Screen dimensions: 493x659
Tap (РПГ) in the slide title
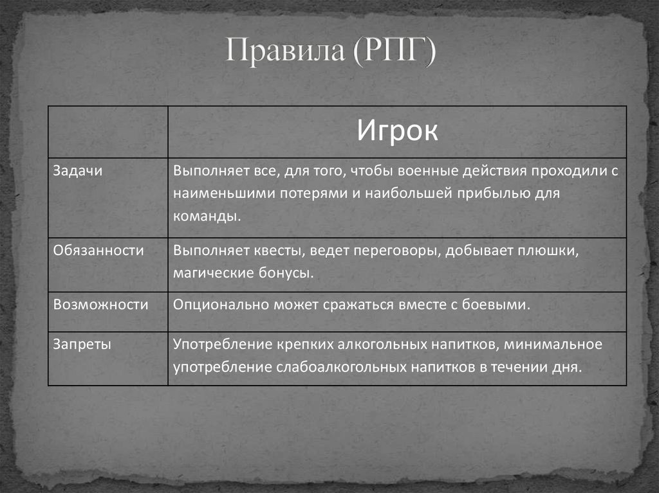pyautogui.click(x=393, y=52)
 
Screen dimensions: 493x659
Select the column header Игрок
pyautogui.click(x=397, y=132)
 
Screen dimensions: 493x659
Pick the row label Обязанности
pyautogui.click(x=98, y=251)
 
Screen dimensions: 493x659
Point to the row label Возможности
pyautogui.click(x=100, y=305)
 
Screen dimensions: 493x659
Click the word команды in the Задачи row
pyautogui.click(x=207, y=216)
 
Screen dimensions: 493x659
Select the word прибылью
pyautogui.click(x=492, y=193)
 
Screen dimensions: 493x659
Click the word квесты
pyautogui.click(x=262, y=251)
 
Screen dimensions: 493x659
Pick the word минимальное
pyautogui.click(x=553, y=345)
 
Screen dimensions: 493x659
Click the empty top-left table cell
pyautogui.click(x=108, y=132)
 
